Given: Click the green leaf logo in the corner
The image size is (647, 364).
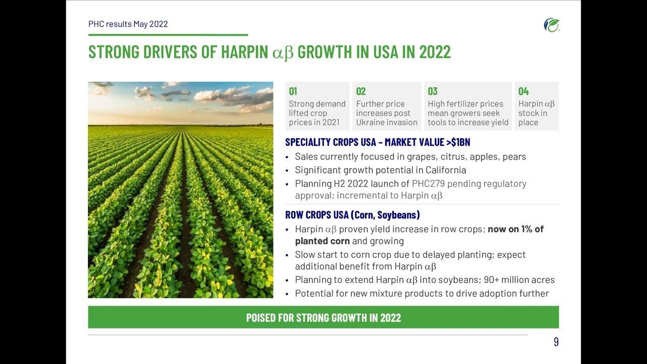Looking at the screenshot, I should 551,25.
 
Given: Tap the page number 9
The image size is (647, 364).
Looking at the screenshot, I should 556,342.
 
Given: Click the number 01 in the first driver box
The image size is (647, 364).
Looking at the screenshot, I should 293,92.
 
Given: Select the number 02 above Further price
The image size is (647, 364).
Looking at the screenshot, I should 361,92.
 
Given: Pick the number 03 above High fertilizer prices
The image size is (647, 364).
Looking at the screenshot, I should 433,92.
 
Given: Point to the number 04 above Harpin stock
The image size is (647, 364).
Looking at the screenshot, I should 524,92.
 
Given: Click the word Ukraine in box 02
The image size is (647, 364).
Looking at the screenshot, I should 373,122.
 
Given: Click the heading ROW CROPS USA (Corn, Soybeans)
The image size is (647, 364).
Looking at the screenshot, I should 352,215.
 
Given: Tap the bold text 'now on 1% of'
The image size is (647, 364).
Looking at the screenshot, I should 516,229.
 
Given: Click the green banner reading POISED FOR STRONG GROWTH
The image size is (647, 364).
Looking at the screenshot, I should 323,317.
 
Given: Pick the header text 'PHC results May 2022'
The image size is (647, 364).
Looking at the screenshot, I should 128,24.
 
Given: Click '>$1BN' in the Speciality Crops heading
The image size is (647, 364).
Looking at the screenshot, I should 458,143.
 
